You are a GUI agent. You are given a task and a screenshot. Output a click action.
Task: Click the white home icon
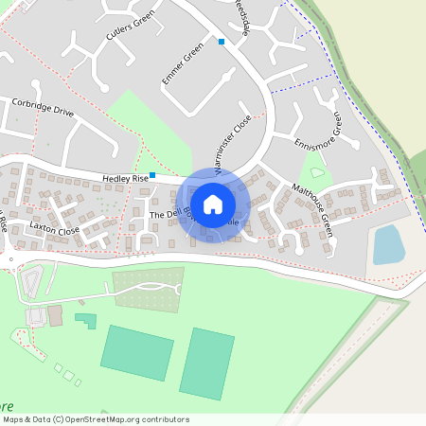[213, 204]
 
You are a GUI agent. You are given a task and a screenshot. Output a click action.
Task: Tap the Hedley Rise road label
[127, 178]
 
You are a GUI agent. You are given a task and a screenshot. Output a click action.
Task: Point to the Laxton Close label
[54, 229]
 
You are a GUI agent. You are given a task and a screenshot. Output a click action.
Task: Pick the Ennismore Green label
[317, 133]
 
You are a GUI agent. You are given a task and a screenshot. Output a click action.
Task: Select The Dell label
[165, 216]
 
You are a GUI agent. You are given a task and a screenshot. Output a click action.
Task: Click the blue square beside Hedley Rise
[152, 175]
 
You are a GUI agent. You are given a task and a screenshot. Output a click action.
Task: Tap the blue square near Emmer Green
[222, 42]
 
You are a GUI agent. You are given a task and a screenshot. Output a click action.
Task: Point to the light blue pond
[388, 245]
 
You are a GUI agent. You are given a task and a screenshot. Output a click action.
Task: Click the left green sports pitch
[137, 352]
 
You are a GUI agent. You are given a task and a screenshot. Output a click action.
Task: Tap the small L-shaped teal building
[86, 320]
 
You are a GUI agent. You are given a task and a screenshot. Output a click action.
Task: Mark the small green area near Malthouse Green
[316, 173]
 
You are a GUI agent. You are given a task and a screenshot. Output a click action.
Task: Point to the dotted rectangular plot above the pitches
[147, 287]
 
